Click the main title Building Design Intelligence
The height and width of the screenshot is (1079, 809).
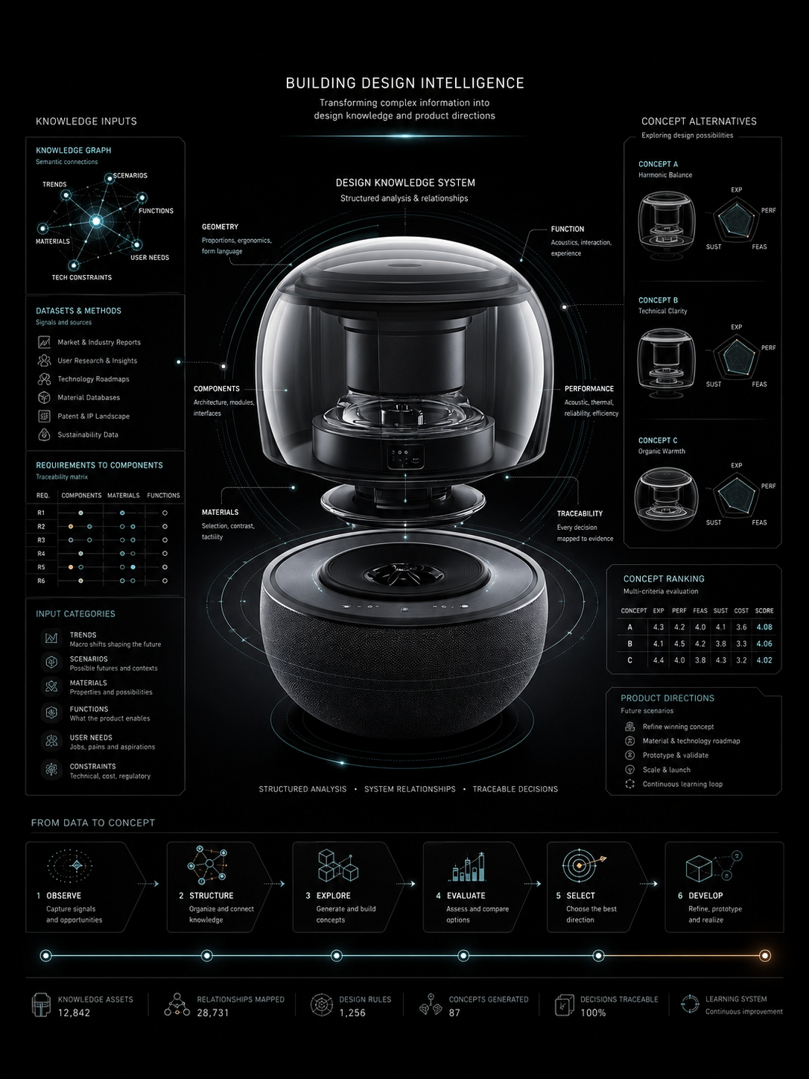tap(404, 83)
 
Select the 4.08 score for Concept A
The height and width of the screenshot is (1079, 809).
tap(764, 627)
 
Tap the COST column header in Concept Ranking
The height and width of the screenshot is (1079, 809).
tap(741, 610)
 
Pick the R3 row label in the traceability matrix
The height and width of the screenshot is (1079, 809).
tap(41, 539)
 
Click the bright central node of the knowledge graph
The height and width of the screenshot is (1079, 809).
tap(96, 221)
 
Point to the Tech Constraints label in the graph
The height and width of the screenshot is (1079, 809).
tap(82, 277)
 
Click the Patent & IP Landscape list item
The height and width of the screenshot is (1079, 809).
tap(93, 416)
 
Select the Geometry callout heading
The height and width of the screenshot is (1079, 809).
tap(220, 227)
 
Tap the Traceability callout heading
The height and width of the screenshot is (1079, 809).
tap(580, 513)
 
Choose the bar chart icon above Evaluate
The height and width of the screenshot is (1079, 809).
tap(467, 867)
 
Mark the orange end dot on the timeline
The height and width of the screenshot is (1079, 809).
tap(765, 955)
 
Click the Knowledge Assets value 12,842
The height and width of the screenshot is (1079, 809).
tap(74, 1013)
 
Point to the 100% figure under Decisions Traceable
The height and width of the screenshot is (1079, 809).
tap(593, 1013)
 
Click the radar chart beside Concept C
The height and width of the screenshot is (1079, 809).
tap(736, 495)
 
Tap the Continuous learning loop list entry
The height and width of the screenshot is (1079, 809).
tap(682, 784)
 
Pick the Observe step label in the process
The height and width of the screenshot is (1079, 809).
tap(64, 896)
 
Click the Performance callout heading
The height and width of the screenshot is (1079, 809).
tap(589, 388)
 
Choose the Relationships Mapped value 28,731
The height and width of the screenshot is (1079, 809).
tap(213, 1013)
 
